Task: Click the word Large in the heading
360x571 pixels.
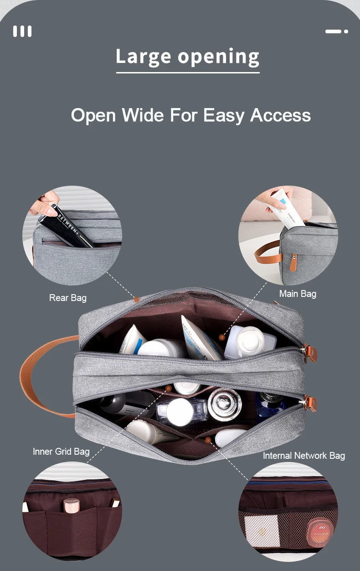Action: (144, 56)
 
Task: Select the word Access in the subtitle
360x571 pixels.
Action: (280, 115)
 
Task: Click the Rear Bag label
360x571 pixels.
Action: (68, 298)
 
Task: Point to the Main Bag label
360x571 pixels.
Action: (298, 294)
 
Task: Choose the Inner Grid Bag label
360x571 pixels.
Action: (61, 452)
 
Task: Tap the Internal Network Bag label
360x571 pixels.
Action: (304, 456)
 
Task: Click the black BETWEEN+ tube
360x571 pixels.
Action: (66, 226)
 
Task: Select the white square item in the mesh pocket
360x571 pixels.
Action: (261, 531)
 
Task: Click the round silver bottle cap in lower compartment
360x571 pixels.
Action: (224, 404)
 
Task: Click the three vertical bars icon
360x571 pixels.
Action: (22, 31)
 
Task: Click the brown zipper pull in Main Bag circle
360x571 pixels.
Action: (293, 262)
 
